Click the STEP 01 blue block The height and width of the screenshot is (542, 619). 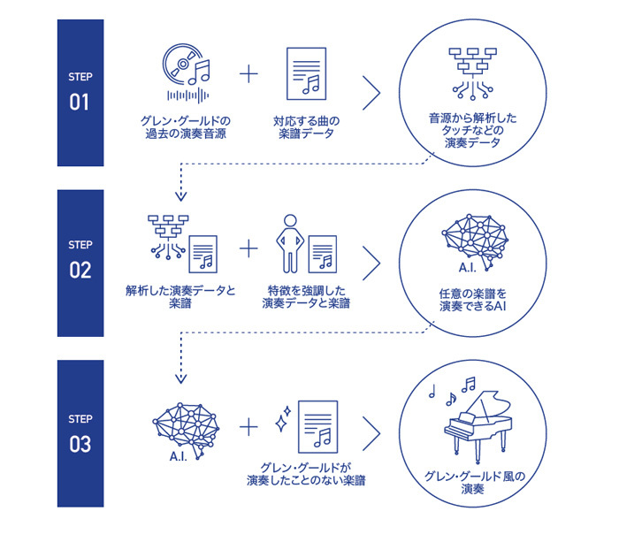pyautogui.click(x=80, y=92)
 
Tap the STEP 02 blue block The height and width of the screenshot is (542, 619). pyautogui.click(x=80, y=263)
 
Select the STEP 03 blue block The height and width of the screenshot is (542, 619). pyautogui.click(x=80, y=433)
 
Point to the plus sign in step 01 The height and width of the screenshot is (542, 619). pyautogui.click(x=250, y=73)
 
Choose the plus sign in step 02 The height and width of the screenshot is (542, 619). pyautogui.click(x=250, y=248)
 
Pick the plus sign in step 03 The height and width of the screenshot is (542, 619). pyautogui.click(x=250, y=427)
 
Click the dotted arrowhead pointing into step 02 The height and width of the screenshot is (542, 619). pyautogui.click(x=181, y=197)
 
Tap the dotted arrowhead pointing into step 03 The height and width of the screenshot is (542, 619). pyautogui.click(x=181, y=378)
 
